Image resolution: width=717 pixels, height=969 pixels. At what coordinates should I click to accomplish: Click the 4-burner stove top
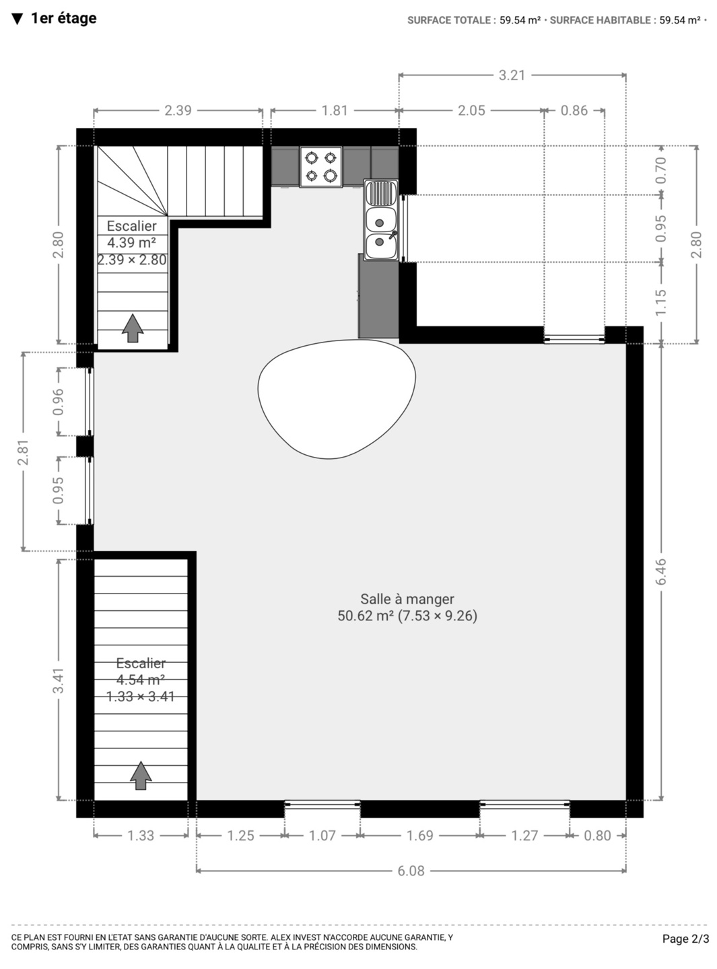tap(321, 167)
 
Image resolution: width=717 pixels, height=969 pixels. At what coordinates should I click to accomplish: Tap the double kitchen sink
tap(381, 220)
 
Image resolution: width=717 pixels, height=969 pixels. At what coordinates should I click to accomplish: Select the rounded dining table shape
tap(337, 399)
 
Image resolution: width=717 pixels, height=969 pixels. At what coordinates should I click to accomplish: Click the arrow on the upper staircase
tap(133, 328)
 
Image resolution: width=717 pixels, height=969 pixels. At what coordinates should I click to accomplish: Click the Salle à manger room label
tap(407, 607)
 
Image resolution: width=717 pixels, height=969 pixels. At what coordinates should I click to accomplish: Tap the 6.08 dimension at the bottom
tap(411, 871)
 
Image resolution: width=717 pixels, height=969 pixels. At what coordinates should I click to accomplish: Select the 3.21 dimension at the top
tap(512, 75)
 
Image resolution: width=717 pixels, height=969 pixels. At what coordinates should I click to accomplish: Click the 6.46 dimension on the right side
tap(660, 571)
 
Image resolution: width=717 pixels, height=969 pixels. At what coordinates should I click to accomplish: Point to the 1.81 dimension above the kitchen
tap(335, 110)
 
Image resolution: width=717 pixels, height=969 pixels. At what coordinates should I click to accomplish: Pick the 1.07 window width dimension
tap(322, 836)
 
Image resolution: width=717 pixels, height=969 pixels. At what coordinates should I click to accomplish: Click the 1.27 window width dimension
tap(524, 836)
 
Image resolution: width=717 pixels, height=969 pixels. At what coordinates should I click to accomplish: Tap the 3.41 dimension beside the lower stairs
tap(58, 680)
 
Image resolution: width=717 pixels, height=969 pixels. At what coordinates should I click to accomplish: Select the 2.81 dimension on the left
tap(23, 452)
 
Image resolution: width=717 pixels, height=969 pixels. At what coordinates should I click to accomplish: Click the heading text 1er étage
tap(64, 18)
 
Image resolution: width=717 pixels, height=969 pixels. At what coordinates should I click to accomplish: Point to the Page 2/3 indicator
tap(685, 939)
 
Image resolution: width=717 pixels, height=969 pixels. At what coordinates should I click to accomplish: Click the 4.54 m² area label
tap(140, 680)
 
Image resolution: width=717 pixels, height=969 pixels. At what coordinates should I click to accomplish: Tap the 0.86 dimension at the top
tap(574, 110)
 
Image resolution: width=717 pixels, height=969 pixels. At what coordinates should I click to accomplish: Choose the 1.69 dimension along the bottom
tap(419, 836)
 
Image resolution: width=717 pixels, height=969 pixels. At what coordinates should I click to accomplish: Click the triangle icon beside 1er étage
tap(17, 19)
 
